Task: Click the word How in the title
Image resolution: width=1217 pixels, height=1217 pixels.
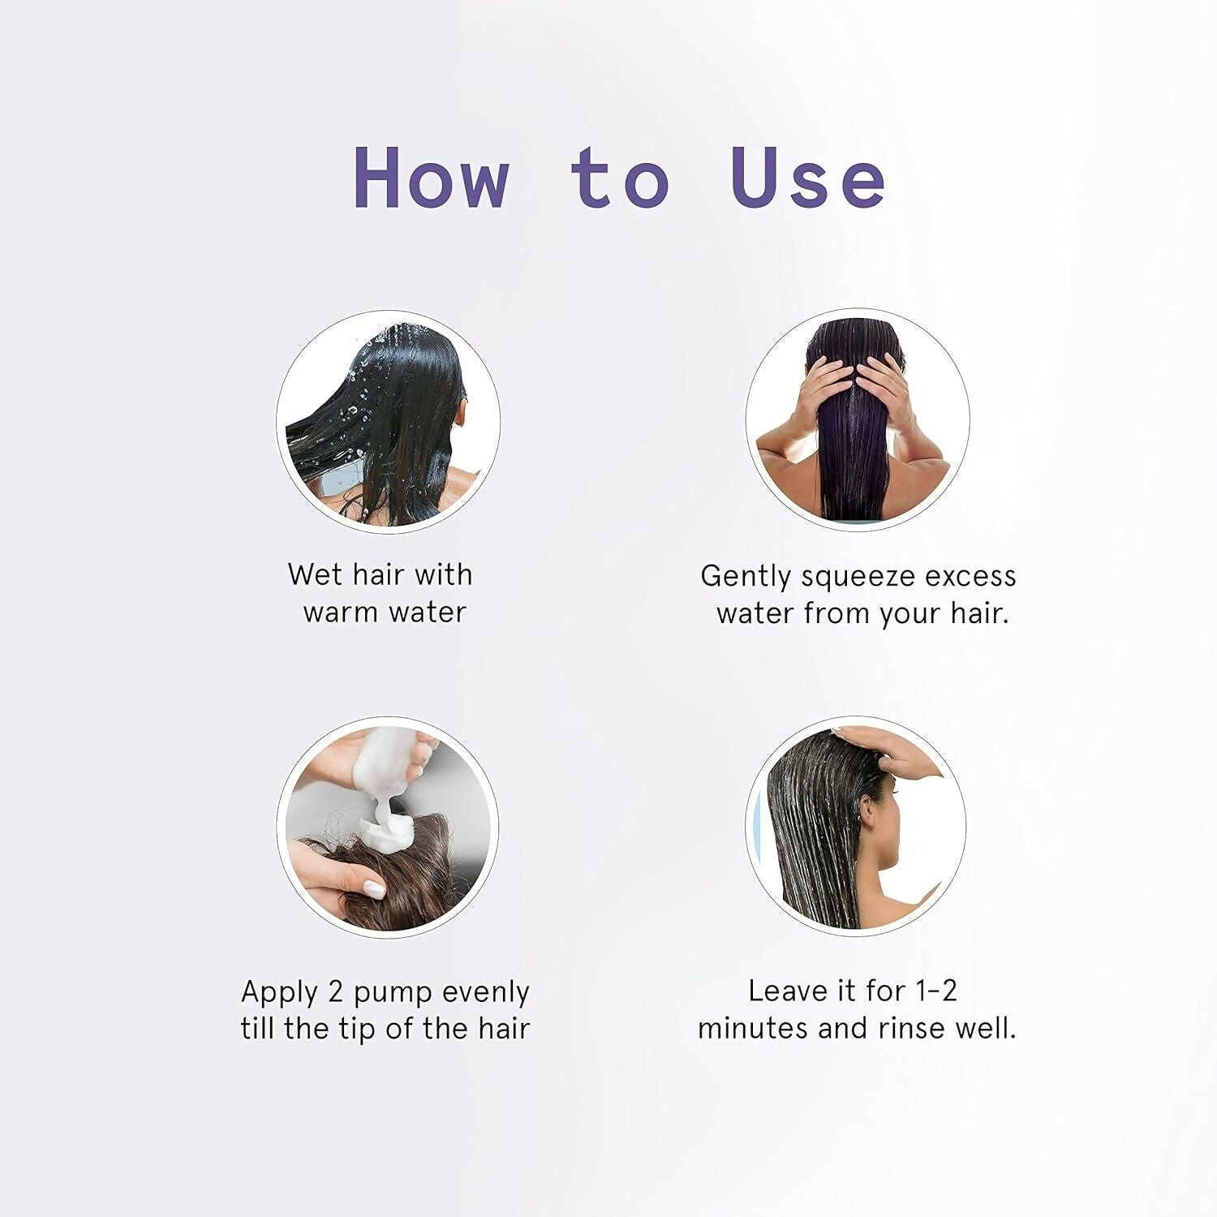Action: pyautogui.click(x=432, y=178)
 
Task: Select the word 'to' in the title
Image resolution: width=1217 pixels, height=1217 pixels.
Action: pyautogui.click(x=620, y=178)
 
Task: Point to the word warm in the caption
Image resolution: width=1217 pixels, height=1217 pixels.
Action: pyautogui.click(x=341, y=612)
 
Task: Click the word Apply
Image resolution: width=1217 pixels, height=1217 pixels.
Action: pyautogui.click(x=279, y=992)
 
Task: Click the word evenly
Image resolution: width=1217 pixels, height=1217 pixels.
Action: pyautogui.click(x=486, y=992)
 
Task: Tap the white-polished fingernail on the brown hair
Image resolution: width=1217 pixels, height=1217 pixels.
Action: pyautogui.click(x=374, y=889)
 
